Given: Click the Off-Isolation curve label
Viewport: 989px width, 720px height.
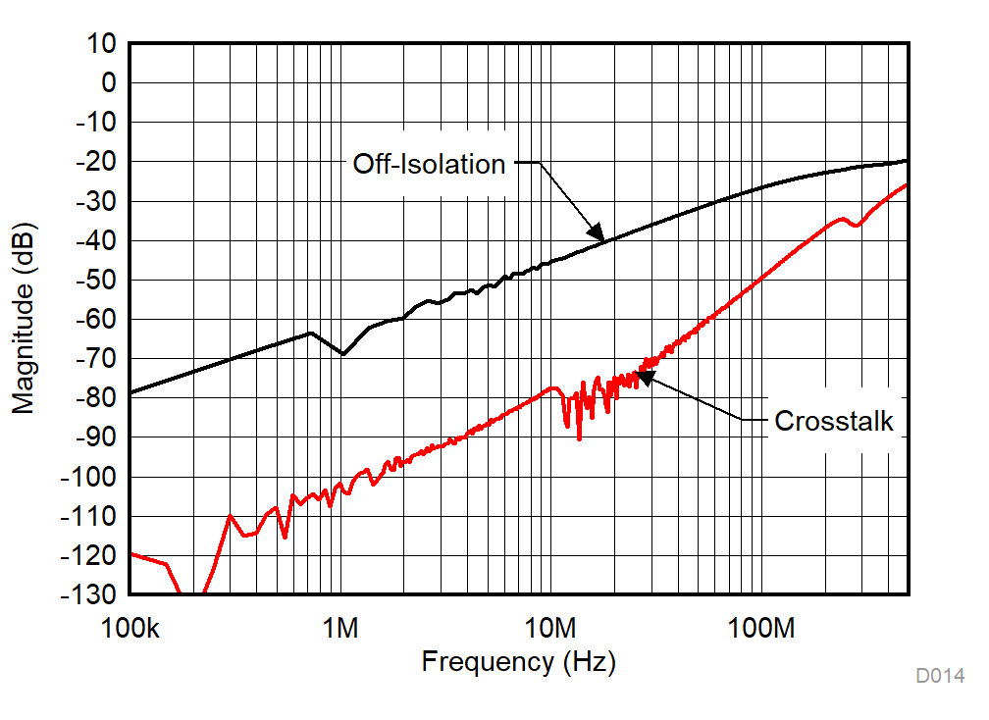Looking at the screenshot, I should coord(429,164).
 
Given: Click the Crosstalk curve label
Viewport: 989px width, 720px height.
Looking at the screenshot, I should coord(834,421).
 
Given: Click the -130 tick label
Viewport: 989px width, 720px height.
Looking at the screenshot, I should coord(90,594).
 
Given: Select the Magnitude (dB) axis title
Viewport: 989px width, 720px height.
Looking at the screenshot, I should coord(24,319).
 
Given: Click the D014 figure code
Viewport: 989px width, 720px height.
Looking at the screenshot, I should coord(940,676).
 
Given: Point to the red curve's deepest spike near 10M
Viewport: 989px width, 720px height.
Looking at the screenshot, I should coord(579,437).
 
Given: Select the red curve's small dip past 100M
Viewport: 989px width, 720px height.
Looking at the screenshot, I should coord(856,226).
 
